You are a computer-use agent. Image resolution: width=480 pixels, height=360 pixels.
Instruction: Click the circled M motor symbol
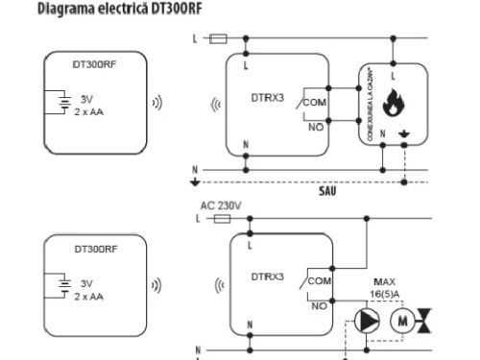[402, 321]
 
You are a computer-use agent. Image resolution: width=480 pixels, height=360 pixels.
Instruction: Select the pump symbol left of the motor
[365, 321]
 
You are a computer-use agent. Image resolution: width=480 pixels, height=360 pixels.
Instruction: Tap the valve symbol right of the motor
[435, 321]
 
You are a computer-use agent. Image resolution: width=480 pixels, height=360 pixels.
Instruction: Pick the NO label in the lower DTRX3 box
[320, 306]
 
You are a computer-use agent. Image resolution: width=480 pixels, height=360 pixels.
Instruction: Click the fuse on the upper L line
[218, 39]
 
